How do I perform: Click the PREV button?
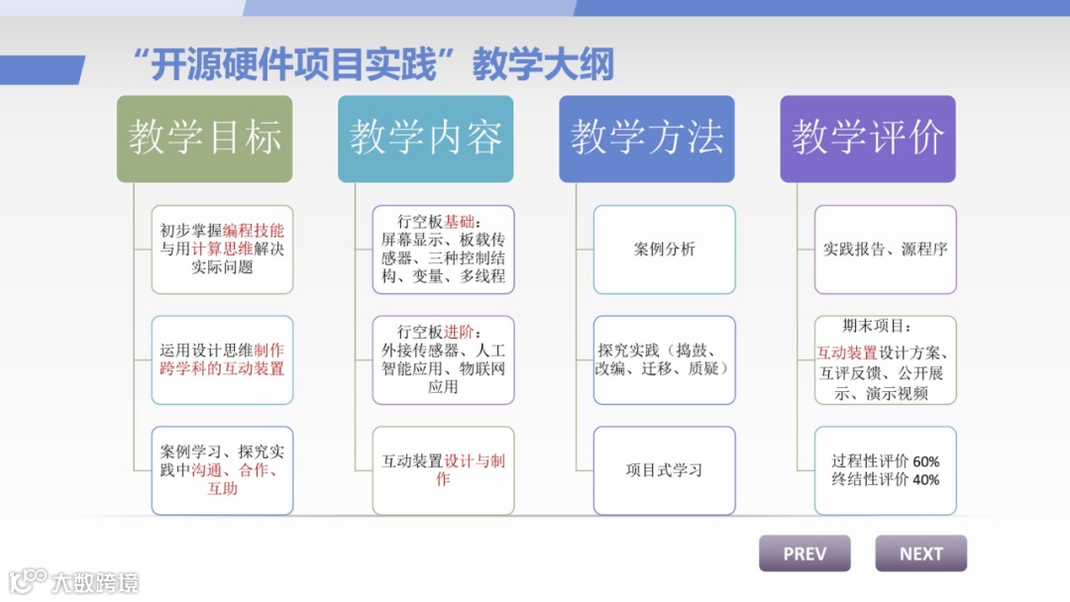tap(804, 553)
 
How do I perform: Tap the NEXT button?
tap(920, 553)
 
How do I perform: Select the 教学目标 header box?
tap(205, 139)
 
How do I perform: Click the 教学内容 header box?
tap(426, 139)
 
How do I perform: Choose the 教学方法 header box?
tap(647, 139)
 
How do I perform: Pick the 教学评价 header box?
tap(868, 139)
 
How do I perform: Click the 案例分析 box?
tap(665, 250)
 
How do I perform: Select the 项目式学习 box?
tap(665, 470)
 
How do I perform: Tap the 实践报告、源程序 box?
tap(886, 250)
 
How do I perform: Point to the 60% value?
tap(926, 461)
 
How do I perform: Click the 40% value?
tap(926, 480)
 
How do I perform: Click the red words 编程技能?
tap(254, 231)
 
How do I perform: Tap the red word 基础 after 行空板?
tap(459, 221)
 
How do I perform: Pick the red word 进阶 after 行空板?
tap(459, 332)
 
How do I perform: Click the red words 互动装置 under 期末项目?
tap(846, 352)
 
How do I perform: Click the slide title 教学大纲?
tap(543, 64)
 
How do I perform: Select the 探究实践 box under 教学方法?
tap(665, 359)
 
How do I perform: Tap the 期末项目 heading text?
tap(877, 326)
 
